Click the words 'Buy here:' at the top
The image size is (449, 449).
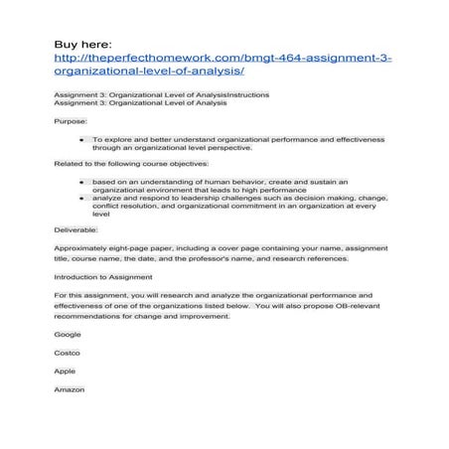(84, 45)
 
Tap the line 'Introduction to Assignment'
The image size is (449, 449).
(103, 276)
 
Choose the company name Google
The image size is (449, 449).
(68, 334)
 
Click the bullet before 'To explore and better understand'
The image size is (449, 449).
(80, 140)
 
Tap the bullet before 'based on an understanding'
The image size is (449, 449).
(80, 183)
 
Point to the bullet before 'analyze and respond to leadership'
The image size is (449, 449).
(80, 199)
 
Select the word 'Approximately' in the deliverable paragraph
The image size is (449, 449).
(84, 246)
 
